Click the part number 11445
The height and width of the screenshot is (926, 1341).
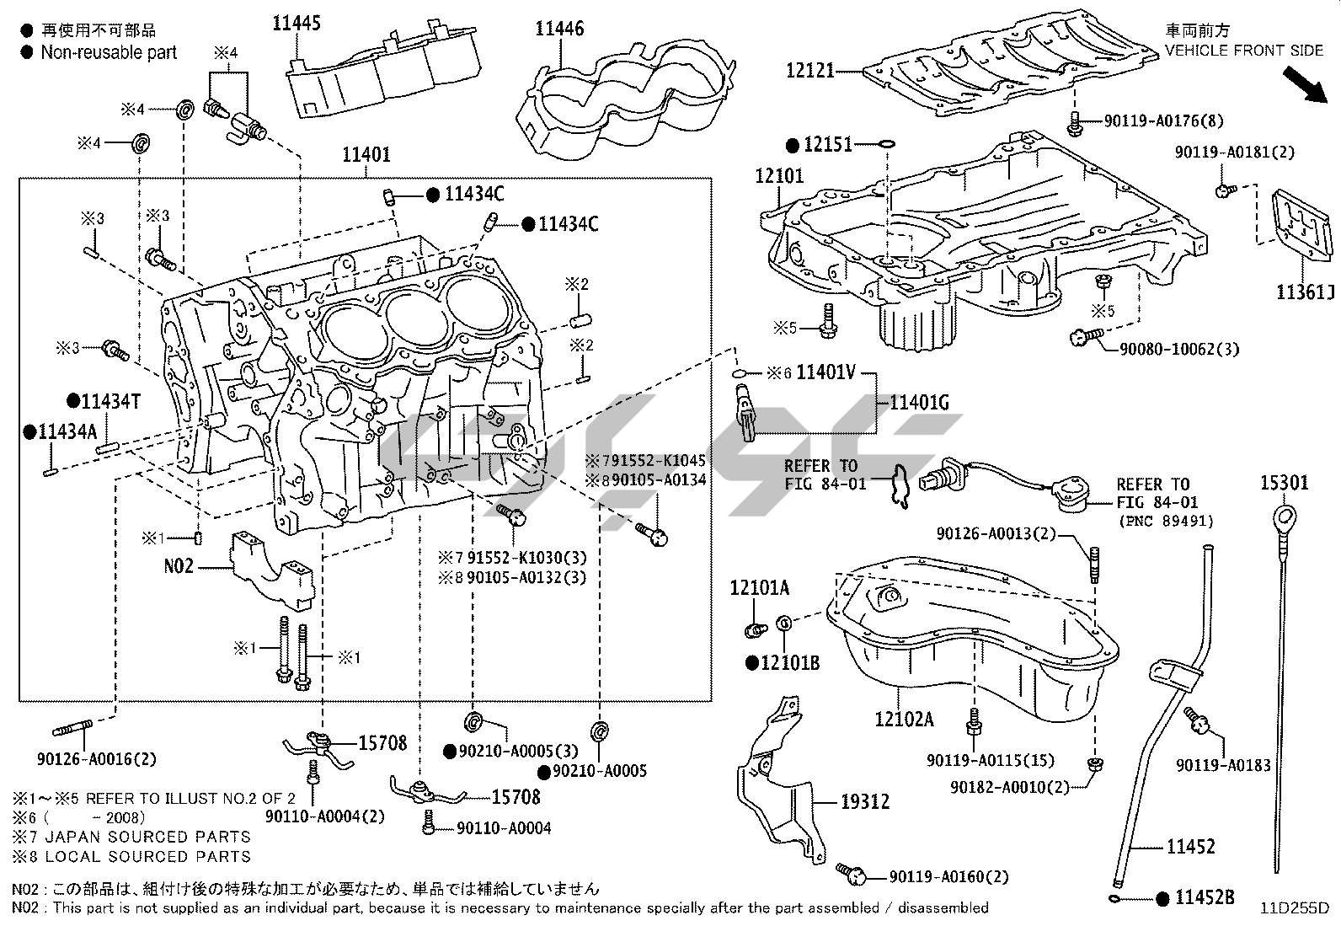296,24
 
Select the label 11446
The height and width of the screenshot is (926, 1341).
559,29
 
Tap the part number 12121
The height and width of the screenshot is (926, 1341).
809,72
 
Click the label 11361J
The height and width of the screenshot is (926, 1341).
1305,292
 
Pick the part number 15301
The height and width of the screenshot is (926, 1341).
1285,483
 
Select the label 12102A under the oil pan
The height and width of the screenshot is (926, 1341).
904,719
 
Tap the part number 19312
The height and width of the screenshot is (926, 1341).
864,801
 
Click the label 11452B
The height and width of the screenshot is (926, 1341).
1205,898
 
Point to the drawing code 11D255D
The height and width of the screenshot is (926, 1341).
1294,908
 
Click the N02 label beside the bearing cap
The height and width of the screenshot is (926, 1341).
179,566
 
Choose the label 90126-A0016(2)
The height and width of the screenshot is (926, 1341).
97,759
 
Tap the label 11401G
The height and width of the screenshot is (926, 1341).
919,404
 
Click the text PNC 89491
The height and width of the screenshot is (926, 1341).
1166,522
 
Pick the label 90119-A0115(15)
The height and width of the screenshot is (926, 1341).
990,760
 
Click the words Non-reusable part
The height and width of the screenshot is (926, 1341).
109,52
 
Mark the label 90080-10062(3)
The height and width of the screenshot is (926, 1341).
1179,349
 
